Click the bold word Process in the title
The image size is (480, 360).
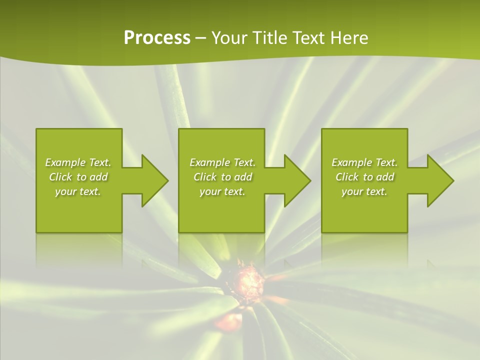click(x=156, y=38)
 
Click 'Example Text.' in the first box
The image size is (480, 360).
click(x=78, y=162)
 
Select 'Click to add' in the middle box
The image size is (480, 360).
click(x=222, y=177)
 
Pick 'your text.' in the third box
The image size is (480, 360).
click(x=364, y=191)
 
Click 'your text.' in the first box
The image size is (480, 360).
click(x=78, y=191)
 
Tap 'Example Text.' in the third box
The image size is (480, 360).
click(x=364, y=162)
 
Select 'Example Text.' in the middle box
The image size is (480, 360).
click(x=222, y=162)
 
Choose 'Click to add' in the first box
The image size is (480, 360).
click(x=78, y=177)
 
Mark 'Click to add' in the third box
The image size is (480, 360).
click(x=364, y=177)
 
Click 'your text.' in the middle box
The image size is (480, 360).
click(x=222, y=191)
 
